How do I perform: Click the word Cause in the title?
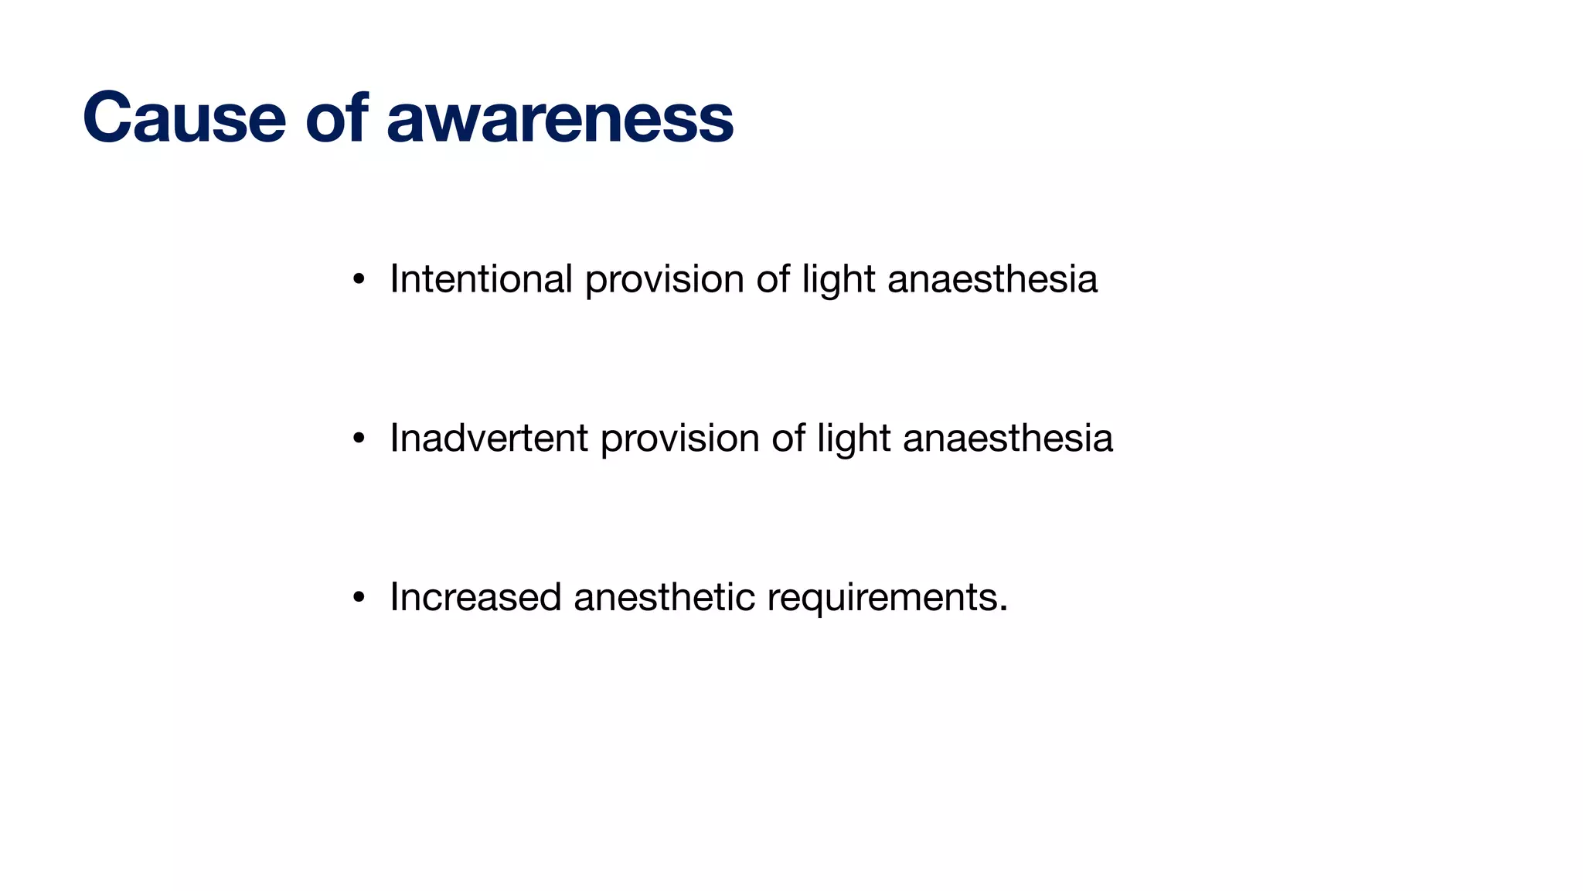click(184, 118)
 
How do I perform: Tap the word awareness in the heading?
click(560, 118)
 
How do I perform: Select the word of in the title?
click(336, 118)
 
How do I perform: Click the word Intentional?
click(481, 278)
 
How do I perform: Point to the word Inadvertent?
click(489, 438)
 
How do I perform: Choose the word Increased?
click(475, 597)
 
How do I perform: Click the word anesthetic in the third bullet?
click(664, 597)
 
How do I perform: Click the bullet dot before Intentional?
click(358, 280)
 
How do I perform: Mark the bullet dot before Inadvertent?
click(358, 439)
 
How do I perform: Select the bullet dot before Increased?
click(358, 599)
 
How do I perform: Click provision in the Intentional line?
click(664, 280)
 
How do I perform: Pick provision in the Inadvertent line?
click(679, 439)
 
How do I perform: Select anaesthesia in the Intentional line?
click(992, 278)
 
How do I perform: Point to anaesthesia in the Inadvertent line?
click(1008, 438)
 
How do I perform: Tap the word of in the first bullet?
click(773, 278)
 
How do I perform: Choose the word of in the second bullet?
click(788, 438)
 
